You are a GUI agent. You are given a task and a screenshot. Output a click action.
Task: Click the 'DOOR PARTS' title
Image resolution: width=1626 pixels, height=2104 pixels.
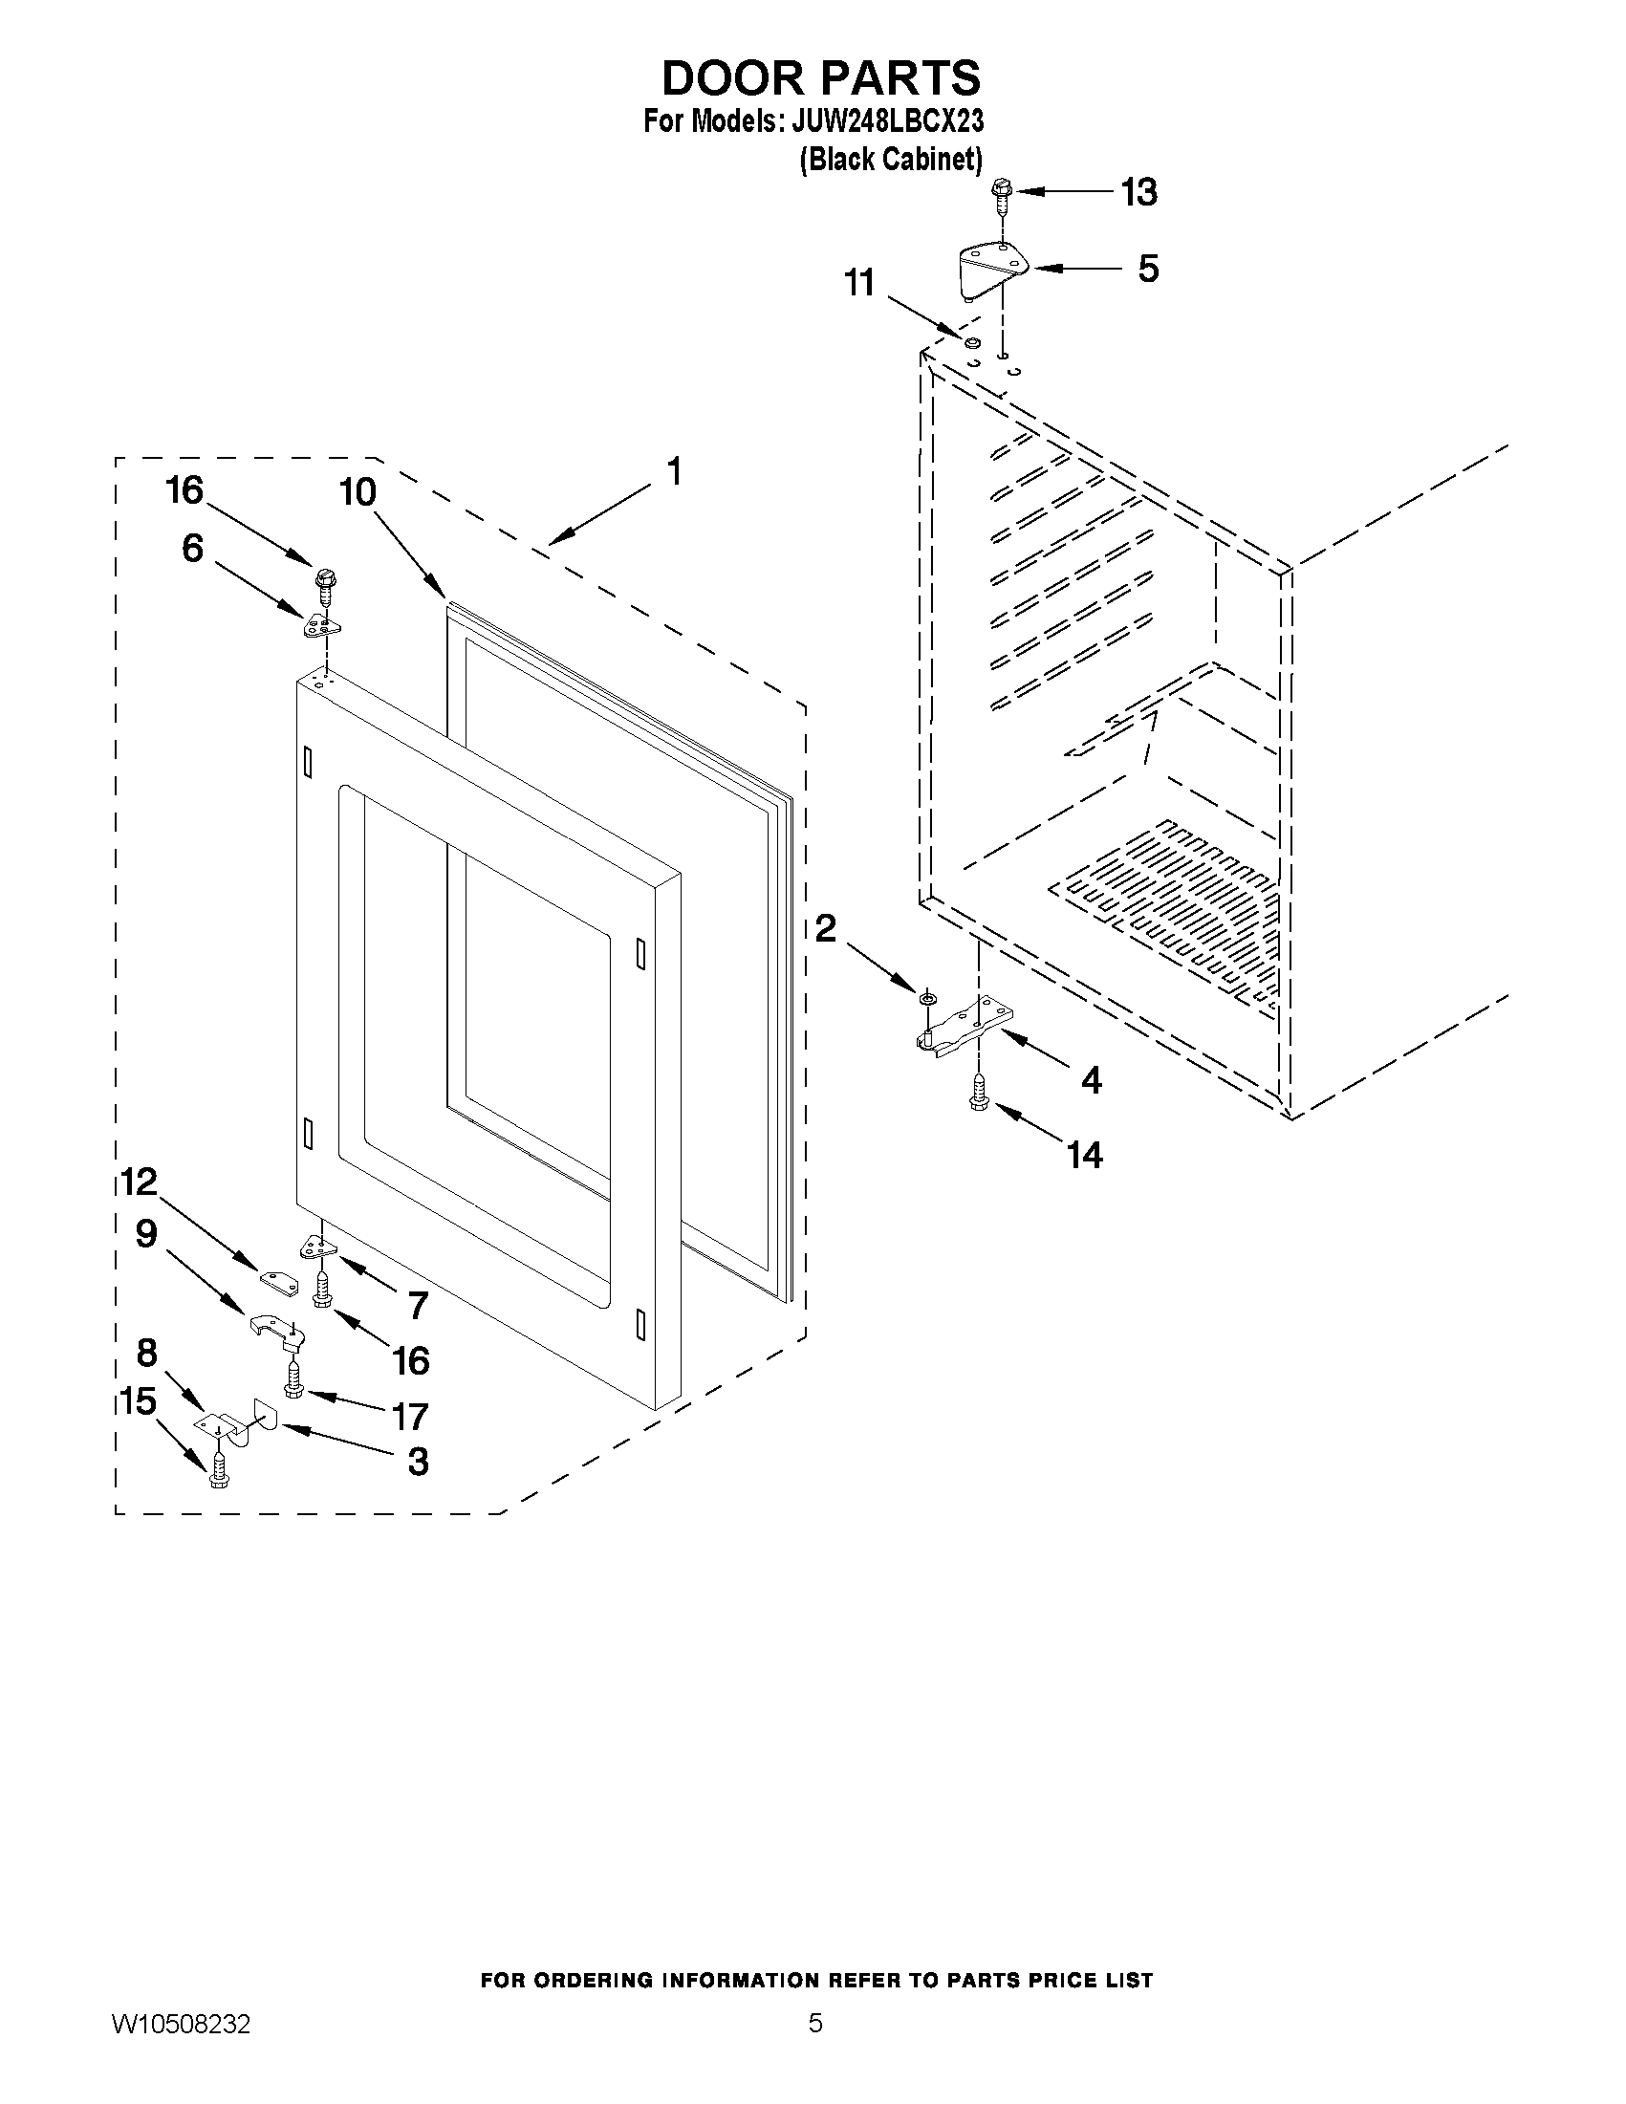(x=821, y=77)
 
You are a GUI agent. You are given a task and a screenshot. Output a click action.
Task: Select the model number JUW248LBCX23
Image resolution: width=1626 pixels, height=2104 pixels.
(x=887, y=122)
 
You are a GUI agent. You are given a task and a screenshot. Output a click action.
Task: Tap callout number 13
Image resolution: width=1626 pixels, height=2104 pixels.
(x=1138, y=193)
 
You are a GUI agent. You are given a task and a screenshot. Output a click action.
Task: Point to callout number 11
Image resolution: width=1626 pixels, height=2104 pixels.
(x=858, y=283)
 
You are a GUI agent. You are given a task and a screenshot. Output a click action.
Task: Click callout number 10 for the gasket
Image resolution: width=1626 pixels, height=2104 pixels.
(x=358, y=492)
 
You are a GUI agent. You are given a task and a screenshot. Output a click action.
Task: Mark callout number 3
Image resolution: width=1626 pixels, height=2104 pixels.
(x=417, y=1462)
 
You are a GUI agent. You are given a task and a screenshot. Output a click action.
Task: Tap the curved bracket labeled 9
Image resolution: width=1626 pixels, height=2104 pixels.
(x=274, y=1328)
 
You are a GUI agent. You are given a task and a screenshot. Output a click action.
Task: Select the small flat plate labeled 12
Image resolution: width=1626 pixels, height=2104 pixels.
(x=275, y=1279)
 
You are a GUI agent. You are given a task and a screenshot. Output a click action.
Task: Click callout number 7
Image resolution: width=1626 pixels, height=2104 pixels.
(x=417, y=1307)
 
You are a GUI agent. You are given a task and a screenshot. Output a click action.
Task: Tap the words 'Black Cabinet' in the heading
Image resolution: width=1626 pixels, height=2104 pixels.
(x=891, y=159)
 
